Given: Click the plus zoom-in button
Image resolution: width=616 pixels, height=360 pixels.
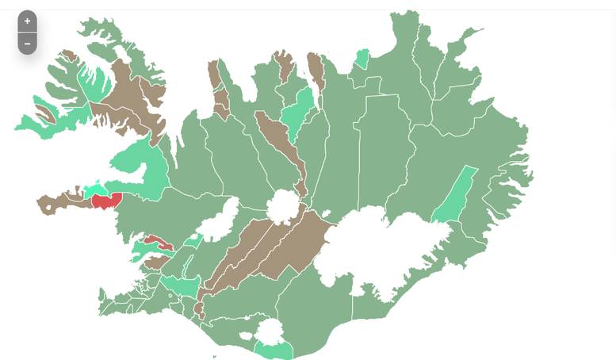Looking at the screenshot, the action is pyautogui.click(x=27, y=21).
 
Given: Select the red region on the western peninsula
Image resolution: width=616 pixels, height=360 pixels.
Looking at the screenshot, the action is pyautogui.click(x=105, y=201).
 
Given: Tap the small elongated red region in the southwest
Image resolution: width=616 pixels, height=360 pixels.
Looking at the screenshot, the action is pyautogui.click(x=157, y=241).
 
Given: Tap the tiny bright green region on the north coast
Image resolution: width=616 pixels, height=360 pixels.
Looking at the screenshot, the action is pyautogui.click(x=362, y=59).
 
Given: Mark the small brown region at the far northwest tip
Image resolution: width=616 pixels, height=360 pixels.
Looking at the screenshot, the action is pyautogui.click(x=69, y=56).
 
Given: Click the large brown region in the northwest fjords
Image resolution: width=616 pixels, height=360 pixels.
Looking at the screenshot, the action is pyautogui.click(x=131, y=99).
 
